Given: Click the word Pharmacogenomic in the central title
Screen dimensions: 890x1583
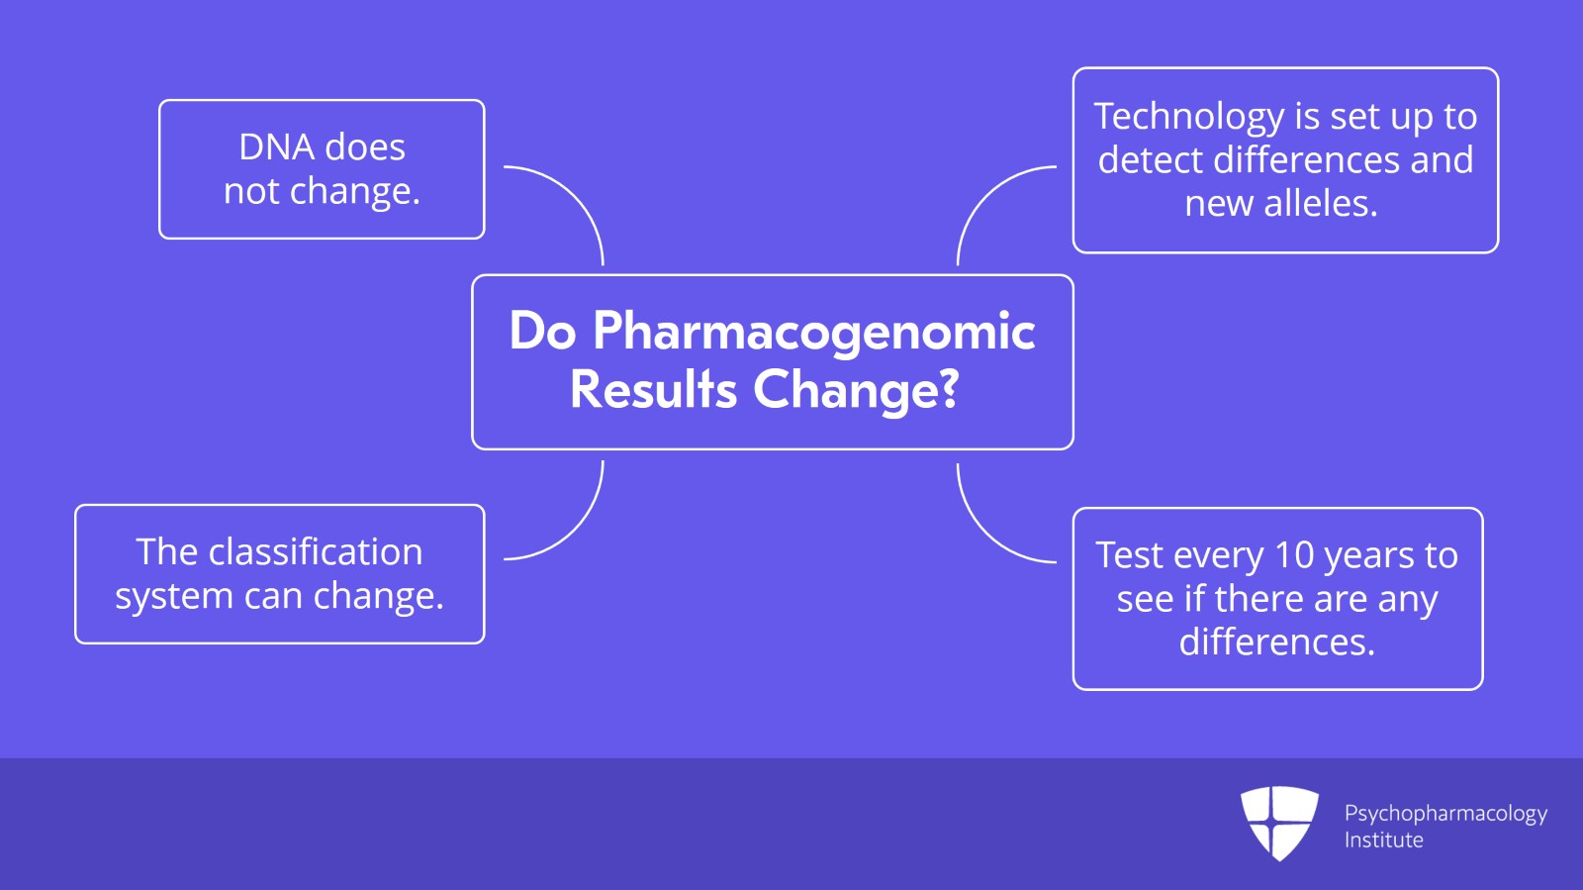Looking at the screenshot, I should pyautogui.click(x=813, y=332).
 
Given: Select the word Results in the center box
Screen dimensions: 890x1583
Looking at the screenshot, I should pyautogui.click(x=653, y=389).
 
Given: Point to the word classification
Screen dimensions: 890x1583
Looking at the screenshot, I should pyautogui.click(x=316, y=552).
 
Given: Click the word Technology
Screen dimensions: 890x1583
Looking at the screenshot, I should pyautogui.click(x=1187, y=117).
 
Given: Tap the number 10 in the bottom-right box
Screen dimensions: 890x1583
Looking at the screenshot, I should pyautogui.click(x=1293, y=555).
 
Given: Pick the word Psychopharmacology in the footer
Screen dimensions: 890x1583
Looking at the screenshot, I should pyautogui.click(x=1444, y=814).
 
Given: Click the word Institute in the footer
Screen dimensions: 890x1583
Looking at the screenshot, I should pyautogui.click(x=1383, y=841).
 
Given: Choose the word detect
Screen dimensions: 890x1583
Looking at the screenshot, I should pyautogui.click(x=1150, y=160).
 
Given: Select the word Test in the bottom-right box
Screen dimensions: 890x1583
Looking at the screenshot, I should pyautogui.click(x=1129, y=555).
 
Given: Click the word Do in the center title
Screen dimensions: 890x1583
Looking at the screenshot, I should pyautogui.click(x=542, y=332).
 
